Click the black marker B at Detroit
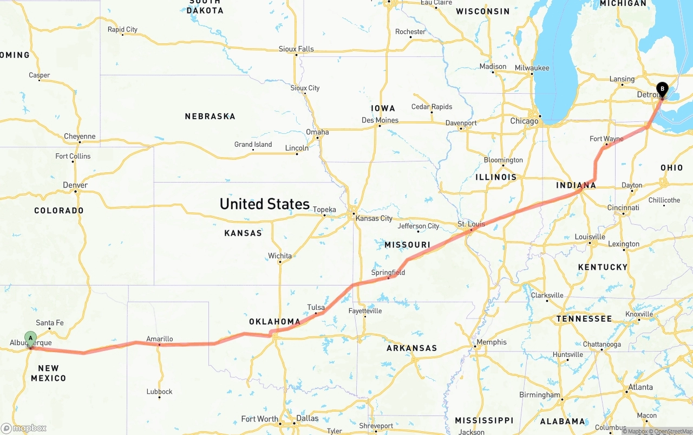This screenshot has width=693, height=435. coord(662,89)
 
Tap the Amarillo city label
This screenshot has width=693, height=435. coord(160,339)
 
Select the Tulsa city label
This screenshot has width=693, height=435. coord(316,307)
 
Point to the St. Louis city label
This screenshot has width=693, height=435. coord(470,224)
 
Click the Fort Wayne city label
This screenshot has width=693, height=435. coord(606,139)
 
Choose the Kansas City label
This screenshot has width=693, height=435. coord(374,218)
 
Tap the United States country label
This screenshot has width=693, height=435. coord(264,204)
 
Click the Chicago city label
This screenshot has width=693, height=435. coord(524,121)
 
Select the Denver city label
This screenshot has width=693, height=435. coord(75,185)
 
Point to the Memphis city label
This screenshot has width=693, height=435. coord(492,342)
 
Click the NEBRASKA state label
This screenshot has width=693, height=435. coord(210,116)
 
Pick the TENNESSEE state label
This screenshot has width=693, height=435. coord(584,319)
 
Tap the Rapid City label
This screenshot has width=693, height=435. coord(122,29)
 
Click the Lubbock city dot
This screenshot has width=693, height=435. coord(159,398)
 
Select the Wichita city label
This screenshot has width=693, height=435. coord(280,256)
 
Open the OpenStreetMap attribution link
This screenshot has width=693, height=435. coord(672,431)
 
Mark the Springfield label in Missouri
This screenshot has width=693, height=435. coord(388,272)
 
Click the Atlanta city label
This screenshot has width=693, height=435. coord(640,387)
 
